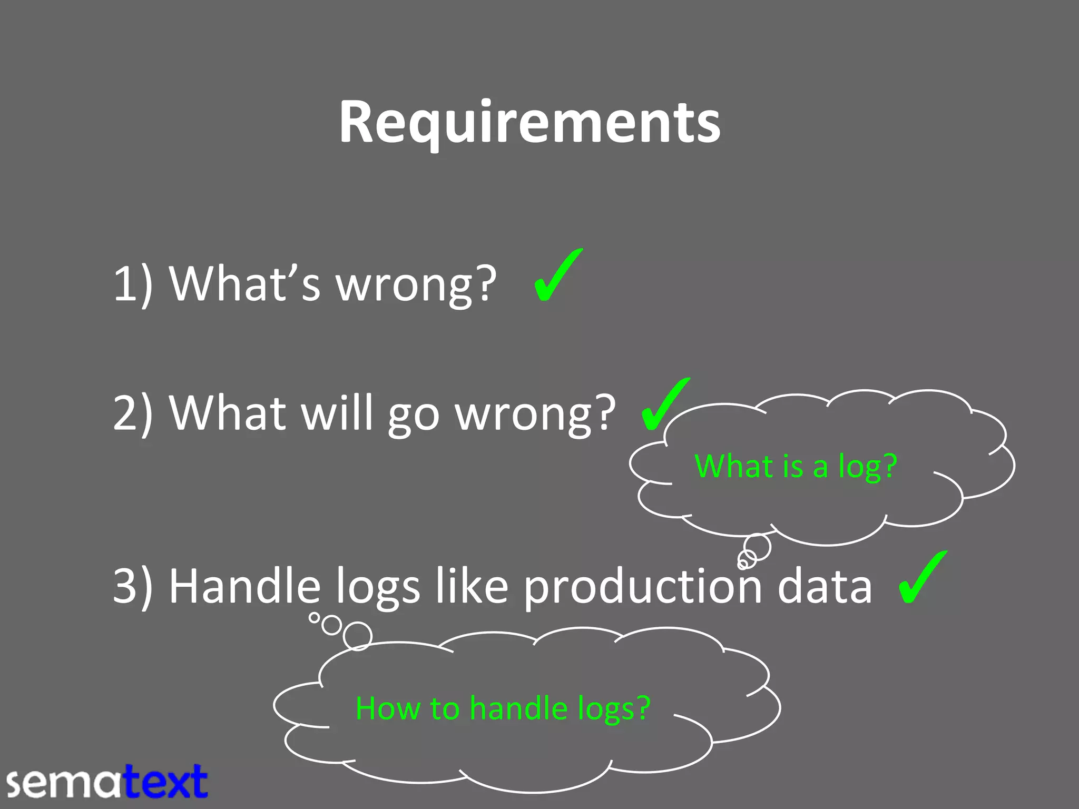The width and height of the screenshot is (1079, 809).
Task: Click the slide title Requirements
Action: click(x=529, y=122)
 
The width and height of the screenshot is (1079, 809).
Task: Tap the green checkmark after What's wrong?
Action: click(x=557, y=276)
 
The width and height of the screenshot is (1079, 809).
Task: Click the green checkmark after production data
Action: click(x=922, y=577)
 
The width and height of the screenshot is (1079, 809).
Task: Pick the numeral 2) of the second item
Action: click(x=133, y=413)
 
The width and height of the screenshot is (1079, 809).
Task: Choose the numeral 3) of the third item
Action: click(x=133, y=586)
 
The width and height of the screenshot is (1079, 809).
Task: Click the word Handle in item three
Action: click(x=244, y=586)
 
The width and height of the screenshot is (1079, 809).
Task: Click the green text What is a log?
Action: click(x=796, y=466)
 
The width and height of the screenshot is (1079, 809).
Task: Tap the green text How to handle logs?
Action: click(x=503, y=708)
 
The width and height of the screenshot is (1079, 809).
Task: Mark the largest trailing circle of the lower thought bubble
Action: click(x=358, y=636)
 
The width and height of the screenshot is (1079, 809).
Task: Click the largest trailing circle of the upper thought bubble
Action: click(x=758, y=547)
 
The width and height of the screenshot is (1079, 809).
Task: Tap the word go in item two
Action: click(x=414, y=416)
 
